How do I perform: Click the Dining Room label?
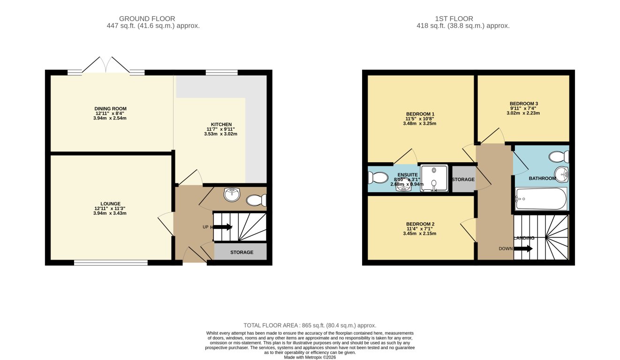point(111,109)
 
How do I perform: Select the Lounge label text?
point(111,204)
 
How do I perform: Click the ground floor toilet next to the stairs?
point(256,201)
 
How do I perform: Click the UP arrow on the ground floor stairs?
point(223,227)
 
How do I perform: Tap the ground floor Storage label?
point(242,252)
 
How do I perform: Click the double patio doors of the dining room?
point(106,66)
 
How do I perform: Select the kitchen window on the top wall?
point(221,73)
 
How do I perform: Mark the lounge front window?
point(111,263)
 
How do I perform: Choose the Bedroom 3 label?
point(524,104)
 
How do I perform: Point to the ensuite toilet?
point(378,178)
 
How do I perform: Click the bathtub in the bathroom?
point(541,199)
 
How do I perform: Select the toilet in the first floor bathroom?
point(560,156)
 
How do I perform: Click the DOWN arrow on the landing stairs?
point(523,249)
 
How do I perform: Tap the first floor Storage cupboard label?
point(463,180)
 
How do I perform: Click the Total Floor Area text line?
point(310,325)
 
